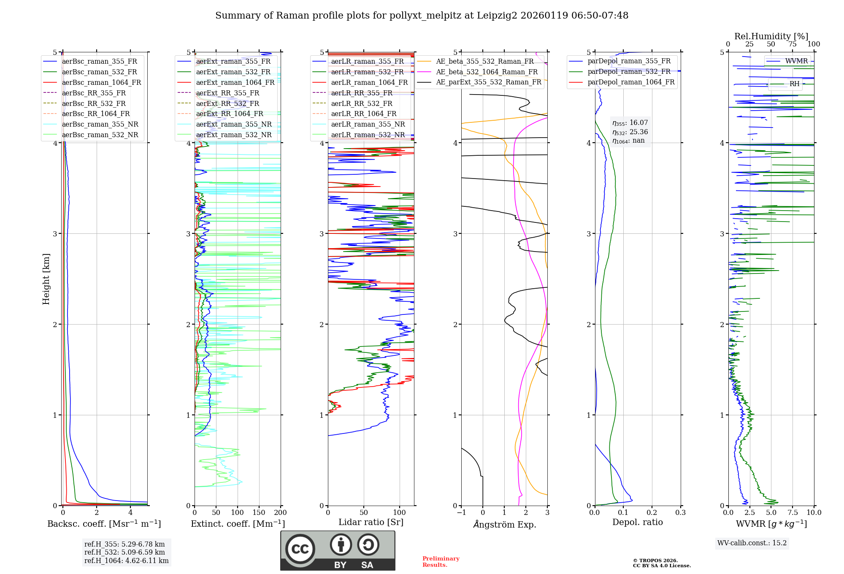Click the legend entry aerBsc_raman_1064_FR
[101, 82]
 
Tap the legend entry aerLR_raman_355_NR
[368, 124]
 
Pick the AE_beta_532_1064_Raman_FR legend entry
[487, 72]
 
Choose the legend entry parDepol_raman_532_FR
[629, 71]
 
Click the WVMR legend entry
[796, 61]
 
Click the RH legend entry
[794, 84]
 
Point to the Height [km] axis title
[46, 279]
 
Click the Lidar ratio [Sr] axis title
[371, 522]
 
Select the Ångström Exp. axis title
[504, 524]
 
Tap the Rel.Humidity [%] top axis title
[771, 36]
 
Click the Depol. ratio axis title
[637, 522]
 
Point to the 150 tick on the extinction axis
[259, 512]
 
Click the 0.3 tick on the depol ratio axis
[680, 512]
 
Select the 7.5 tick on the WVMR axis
[793, 512]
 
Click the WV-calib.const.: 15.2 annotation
[752, 543]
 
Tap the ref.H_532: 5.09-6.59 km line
[124, 552]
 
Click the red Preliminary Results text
[441, 561]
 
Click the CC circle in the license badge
[300, 549]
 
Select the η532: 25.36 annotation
[630, 132]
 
